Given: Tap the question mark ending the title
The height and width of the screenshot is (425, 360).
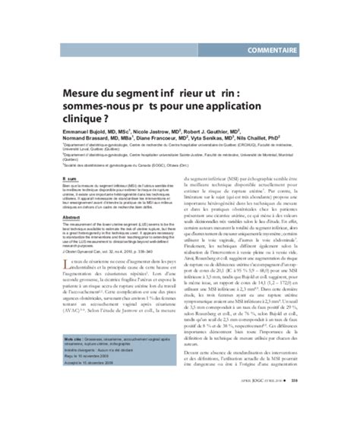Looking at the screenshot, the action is coord(93,120).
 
